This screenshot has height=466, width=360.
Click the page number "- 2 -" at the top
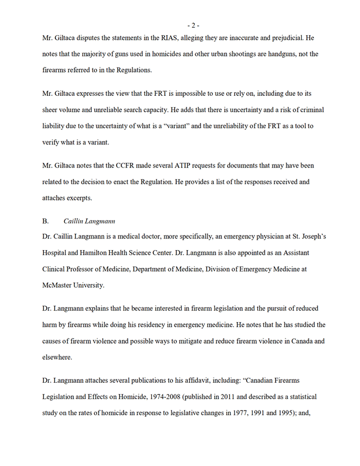(x=193, y=25)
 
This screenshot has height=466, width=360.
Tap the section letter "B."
(x=46, y=221)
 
